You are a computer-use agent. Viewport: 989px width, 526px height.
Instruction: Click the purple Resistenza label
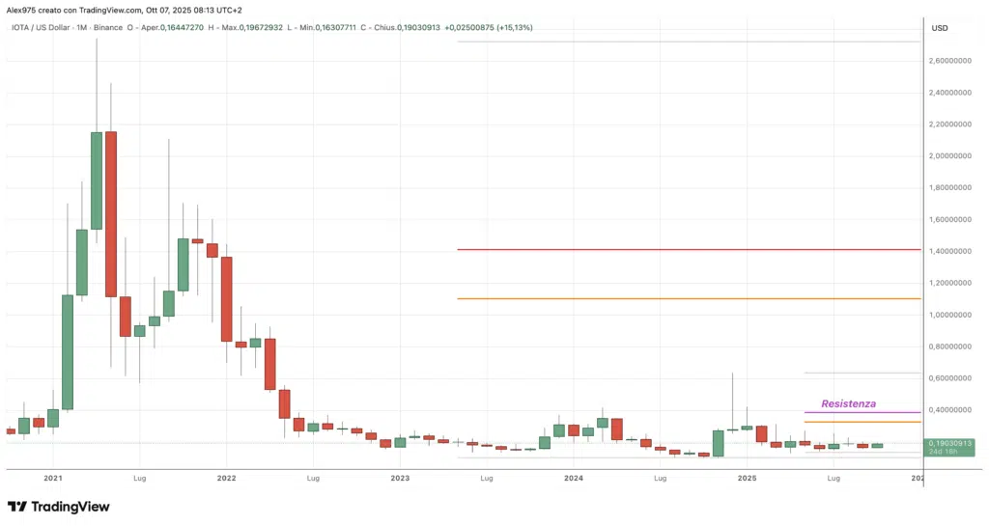click(x=848, y=403)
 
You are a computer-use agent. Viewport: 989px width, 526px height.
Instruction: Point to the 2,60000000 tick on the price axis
click(x=950, y=61)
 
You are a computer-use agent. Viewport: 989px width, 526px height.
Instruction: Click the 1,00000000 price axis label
click(x=950, y=315)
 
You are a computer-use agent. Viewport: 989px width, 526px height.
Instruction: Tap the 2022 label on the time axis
click(x=226, y=478)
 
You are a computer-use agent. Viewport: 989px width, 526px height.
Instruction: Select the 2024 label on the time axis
click(x=574, y=478)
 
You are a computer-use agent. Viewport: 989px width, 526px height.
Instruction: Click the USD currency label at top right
click(x=939, y=28)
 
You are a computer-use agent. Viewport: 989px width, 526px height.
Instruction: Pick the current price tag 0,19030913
click(x=950, y=443)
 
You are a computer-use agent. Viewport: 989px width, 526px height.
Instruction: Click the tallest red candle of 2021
click(x=111, y=213)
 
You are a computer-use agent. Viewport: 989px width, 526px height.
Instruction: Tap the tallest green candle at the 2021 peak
click(x=97, y=180)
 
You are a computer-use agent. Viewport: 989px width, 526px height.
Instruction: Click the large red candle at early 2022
click(x=226, y=298)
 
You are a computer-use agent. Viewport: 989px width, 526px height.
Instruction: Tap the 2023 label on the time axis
click(x=400, y=478)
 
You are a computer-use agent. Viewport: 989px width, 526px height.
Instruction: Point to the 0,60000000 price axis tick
click(x=950, y=378)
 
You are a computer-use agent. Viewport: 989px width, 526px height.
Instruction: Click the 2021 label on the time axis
click(x=53, y=478)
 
